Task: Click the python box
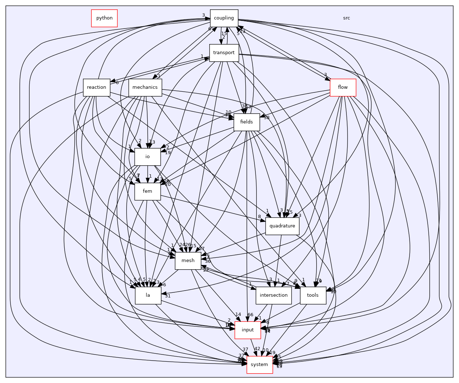click(x=104, y=18)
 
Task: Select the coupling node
click(x=224, y=18)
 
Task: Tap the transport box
click(x=224, y=53)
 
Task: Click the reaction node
click(x=96, y=87)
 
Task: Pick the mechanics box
click(x=145, y=87)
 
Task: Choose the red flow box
click(x=343, y=87)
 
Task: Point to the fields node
click(x=246, y=122)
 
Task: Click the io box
click(x=147, y=157)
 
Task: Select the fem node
click(x=147, y=191)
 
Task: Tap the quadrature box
click(x=282, y=226)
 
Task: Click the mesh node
click(x=188, y=261)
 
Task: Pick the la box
click(x=148, y=295)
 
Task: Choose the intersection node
click(x=274, y=295)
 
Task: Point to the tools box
click(x=312, y=295)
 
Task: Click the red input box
click(x=248, y=330)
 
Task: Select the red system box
click(x=259, y=365)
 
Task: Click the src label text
click(x=346, y=18)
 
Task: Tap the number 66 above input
click(x=250, y=315)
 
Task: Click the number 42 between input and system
click(x=257, y=349)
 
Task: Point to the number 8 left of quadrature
click(x=259, y=217)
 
